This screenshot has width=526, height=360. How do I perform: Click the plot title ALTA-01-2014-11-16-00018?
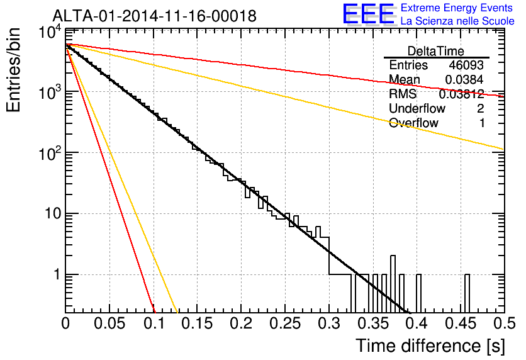154,16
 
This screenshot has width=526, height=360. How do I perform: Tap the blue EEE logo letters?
368,14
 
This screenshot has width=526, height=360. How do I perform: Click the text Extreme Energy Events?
457,8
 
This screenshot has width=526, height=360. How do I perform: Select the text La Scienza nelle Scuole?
457,21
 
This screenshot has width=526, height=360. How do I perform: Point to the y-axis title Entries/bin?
13,70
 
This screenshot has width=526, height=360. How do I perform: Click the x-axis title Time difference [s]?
430,346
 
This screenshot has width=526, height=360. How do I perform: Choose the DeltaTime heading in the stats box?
436,51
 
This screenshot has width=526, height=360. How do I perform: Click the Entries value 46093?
466,65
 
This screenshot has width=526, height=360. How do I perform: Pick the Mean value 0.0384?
464,79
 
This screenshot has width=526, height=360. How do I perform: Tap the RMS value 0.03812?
461,94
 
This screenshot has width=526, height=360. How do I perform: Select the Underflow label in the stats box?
417,108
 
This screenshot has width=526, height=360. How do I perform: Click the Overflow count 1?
482,123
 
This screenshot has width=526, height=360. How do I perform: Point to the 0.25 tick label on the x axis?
284,323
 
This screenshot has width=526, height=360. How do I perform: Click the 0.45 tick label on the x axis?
461,323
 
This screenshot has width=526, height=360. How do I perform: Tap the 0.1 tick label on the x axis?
154,323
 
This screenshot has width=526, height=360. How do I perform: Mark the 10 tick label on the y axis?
53,213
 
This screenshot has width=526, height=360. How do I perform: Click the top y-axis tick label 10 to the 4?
50,33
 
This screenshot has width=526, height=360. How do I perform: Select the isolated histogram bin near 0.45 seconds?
467,293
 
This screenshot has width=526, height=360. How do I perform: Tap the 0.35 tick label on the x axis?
372,323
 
